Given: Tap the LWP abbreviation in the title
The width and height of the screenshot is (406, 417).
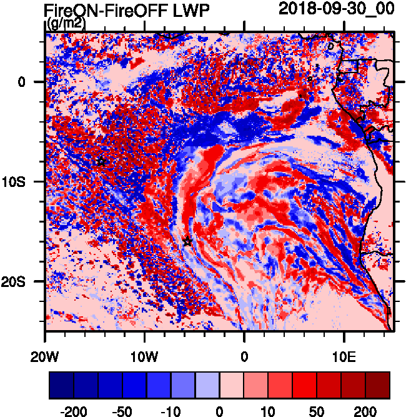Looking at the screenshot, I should [x=191, y=10].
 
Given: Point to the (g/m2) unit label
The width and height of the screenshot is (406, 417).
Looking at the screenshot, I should [x=66, y=24].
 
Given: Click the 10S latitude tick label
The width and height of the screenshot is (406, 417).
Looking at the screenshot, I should [x=29, y=181].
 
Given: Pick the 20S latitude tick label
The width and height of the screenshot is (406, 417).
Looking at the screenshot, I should [x=29, y=281].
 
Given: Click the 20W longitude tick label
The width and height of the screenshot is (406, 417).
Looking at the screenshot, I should [x=46, y=355].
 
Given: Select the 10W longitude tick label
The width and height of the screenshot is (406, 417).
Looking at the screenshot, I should [x=145, y=355].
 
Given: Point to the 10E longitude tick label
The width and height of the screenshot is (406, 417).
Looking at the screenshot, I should [x=344, y=355].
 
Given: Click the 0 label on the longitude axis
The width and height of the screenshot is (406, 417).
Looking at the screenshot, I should [x=244, y=355].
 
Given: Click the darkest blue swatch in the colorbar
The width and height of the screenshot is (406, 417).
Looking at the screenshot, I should [x=61, y=386].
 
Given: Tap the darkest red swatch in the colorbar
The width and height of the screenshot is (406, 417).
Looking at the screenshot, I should [x=378, y=386].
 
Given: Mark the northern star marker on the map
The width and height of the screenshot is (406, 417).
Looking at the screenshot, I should [x=101, y=161].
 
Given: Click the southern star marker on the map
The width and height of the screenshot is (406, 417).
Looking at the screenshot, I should [x=187, y=241].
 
